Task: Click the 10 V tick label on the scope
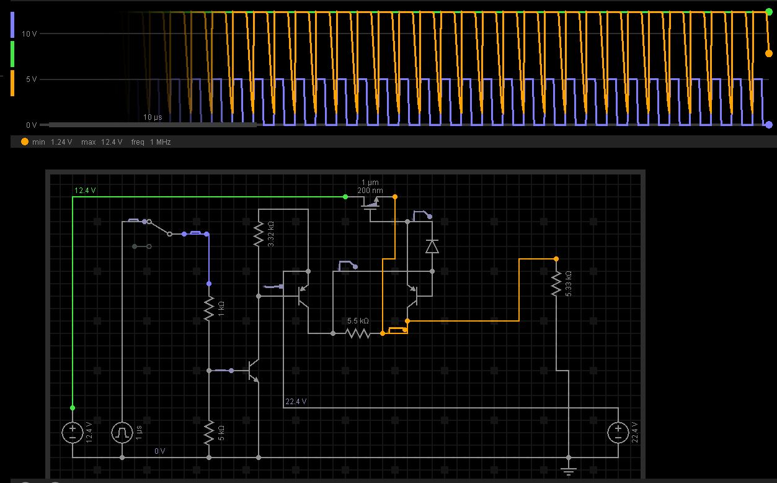tap(29, 34)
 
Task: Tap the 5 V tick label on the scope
tap(31, 79)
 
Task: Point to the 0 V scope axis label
tap(31, 125)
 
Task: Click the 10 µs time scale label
tap(153, 117)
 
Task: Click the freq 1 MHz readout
tap(151, 142)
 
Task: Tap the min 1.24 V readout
tap(52, 142)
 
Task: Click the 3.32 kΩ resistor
tap(259, 234)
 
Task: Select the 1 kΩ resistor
tap(209, 309)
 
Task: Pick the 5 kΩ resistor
tap(209, 431)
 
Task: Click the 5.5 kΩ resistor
tap(358, 333)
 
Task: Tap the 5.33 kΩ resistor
tap(556, 284)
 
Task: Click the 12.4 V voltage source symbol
tap(73, 432)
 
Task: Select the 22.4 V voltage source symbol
tap(618, 432)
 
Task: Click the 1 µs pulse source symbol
tap(122, 432)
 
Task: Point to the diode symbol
tap(432, 246)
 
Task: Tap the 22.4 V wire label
tap(296, 402)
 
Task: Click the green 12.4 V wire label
tap(85, 191)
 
